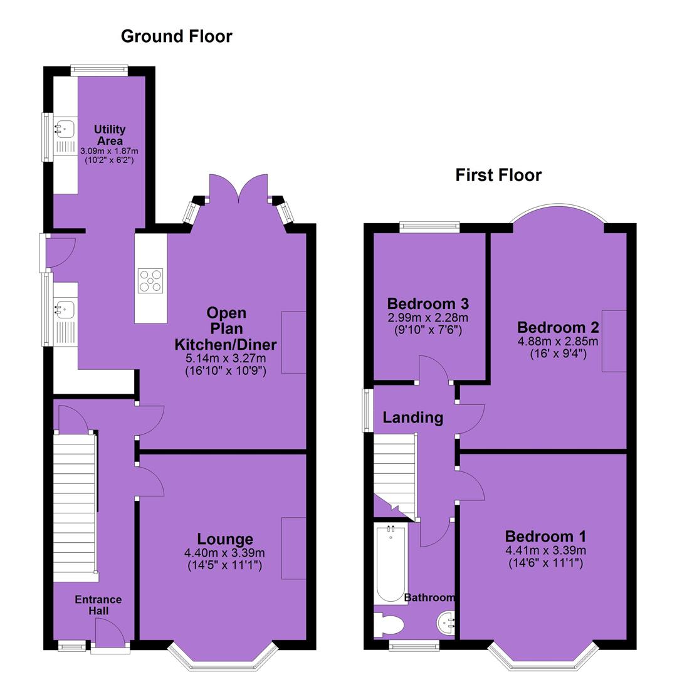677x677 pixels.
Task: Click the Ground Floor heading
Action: click(x=177, y=36)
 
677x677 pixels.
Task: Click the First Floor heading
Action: click(x=498, y=176)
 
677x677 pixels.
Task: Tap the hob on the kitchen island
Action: click(x=150, y=281)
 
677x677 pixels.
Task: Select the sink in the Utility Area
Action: click(x=65, y=129)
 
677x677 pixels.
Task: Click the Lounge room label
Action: click(x=225, y=539)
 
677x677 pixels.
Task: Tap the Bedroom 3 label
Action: click(x=428, y=303)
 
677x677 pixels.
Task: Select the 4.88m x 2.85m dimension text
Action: click(x=558, y=342)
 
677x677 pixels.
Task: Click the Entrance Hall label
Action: click(x=98, y=605)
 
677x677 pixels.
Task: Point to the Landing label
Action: click(x=413, y=417)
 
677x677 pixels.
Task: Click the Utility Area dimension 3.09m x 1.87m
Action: click(x=109, y=151)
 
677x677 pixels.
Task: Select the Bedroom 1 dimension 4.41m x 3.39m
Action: click(x=546, y=550)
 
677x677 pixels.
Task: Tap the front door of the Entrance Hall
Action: click(x=110, y=632)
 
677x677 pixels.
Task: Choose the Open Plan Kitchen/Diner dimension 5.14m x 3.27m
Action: click(x=226, y=358)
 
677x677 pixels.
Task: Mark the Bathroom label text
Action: click(x=429, y=597)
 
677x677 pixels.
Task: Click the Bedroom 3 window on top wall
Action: click(x=429, y=227)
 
